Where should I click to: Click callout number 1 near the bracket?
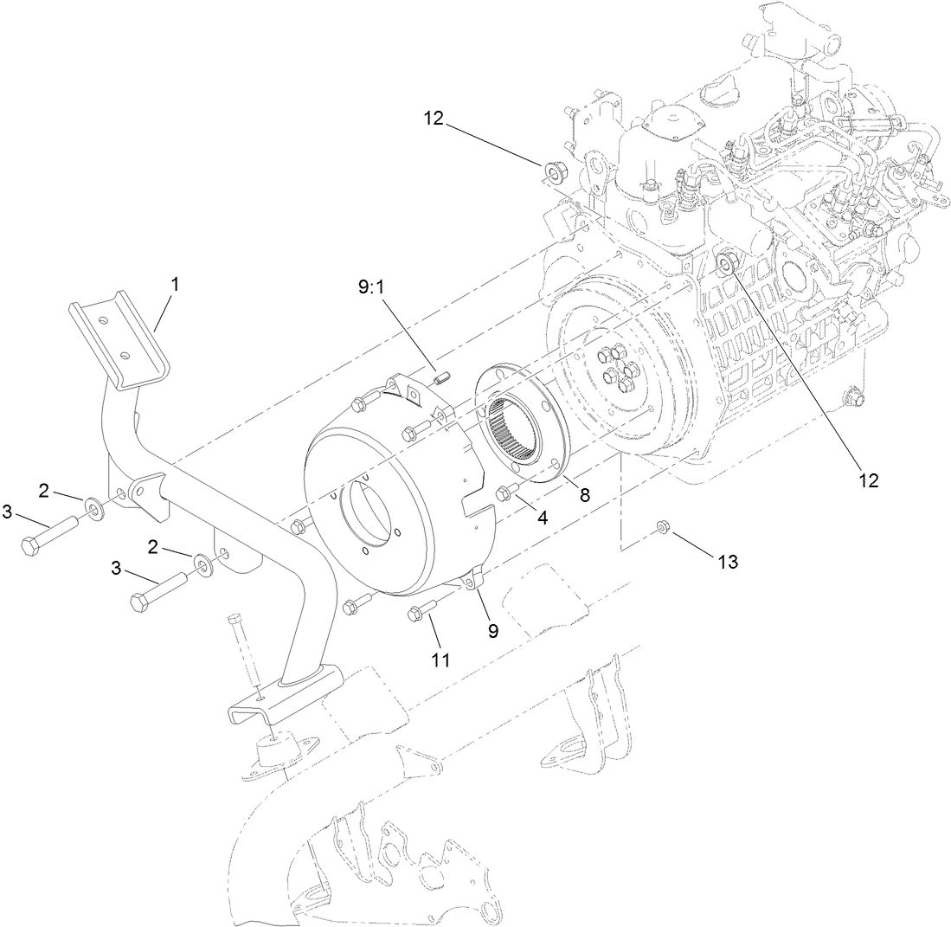pyautogui.click(x=177, y=283)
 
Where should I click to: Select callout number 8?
pyautogui.click(x=586, y=495)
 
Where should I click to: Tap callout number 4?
pyautogui.click(x=543, y=519)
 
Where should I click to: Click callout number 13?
pyautogui.click(x=727, y=561)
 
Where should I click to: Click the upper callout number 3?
pyautogui.click(x=8, y=512)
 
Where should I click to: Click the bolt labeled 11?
pyautogui.click(x=419, y=614)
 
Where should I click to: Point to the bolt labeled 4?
pyautogui.click(x=506, y=494)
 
